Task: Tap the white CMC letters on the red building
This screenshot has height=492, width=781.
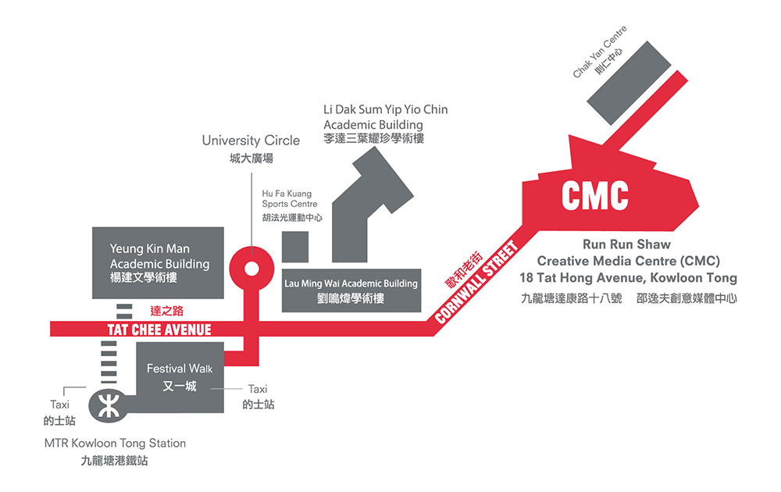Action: point(595,197)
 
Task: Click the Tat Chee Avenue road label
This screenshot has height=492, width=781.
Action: point(159,330)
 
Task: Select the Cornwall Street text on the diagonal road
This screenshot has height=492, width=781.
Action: point(477,282)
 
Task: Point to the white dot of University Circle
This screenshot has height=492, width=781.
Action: point(251,269)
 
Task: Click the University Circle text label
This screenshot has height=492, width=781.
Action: point(251,141)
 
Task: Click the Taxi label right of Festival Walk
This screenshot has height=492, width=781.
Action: point(257,389)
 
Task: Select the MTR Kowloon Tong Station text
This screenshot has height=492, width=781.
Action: point(115,443)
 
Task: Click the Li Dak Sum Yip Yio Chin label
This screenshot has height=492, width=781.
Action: point(386,109)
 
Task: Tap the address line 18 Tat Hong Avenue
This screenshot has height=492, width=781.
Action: point(628,277)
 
